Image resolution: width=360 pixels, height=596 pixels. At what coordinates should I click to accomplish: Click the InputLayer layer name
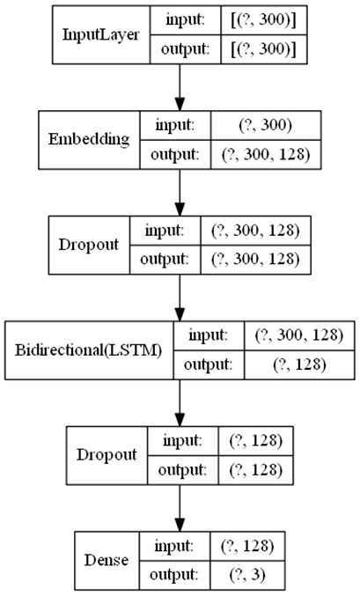point(100,35)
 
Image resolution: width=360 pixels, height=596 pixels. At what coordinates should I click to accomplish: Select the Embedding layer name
point(89,140)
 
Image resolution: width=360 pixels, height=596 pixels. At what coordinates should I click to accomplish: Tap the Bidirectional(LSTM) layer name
point(89,350)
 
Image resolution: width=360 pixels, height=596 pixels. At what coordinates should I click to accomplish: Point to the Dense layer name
point(107,560)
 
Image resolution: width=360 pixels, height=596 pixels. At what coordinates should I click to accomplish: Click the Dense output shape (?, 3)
point(247,575)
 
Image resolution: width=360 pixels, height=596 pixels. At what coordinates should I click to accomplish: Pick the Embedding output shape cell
point(266,155)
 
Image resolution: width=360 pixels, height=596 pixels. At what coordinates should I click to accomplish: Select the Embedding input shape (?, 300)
point(266,125)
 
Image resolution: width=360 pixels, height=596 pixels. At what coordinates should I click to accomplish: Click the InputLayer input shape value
point(264,20)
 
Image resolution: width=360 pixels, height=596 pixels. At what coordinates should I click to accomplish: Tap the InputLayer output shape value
point(264,49)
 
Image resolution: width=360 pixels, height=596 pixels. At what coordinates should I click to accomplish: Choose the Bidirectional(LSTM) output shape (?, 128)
point(299,364)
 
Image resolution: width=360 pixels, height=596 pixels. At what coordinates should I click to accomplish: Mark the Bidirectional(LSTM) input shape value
point(299,335)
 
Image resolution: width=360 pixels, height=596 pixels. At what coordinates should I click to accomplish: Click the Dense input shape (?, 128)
point(247,546)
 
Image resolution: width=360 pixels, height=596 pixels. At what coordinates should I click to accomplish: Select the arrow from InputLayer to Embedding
point(180,87)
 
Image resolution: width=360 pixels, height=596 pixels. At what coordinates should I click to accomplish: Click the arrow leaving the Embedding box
point(180,193)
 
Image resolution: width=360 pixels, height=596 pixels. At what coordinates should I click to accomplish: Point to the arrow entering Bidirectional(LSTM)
point(180,298)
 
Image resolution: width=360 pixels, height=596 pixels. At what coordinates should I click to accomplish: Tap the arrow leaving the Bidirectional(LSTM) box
point(180,403)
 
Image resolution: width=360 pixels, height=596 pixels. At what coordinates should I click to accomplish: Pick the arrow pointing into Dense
point(180,508)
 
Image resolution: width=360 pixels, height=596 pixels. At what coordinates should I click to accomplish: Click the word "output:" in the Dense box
point(174,575)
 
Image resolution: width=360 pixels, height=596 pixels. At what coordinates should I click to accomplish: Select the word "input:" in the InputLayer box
point(185,20)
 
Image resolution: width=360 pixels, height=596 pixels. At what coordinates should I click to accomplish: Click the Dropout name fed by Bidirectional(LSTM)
point(107,455)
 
